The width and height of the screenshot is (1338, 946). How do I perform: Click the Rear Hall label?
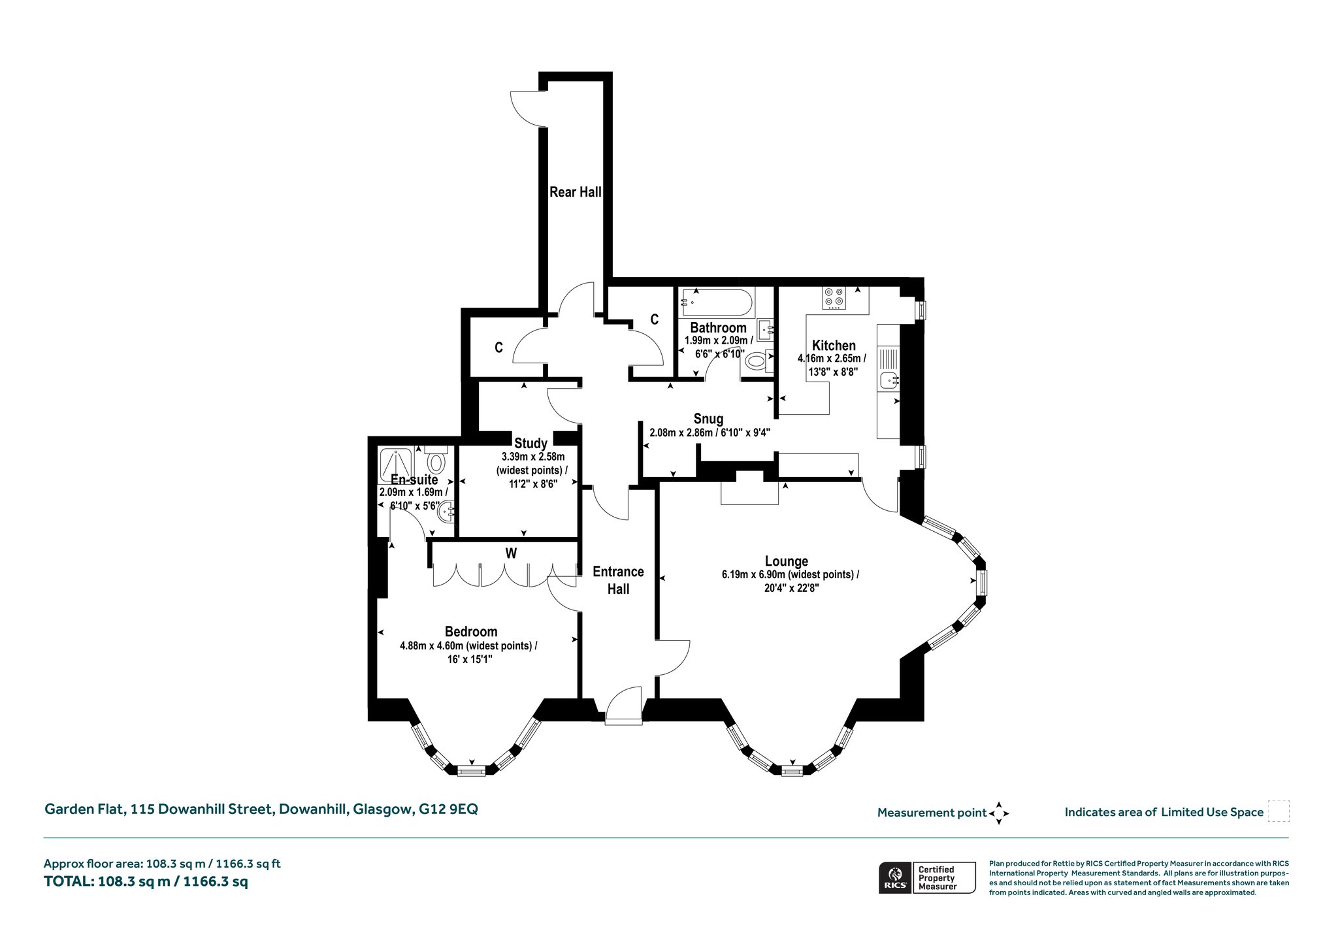(x=575, y=192)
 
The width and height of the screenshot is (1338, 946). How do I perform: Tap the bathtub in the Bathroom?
(x=717, y=302)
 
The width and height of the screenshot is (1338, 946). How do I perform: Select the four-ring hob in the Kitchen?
(x=834, y=297)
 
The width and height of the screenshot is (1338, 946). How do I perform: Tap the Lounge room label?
(x=787, y=561)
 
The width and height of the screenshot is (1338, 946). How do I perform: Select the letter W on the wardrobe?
(x=511, y=553)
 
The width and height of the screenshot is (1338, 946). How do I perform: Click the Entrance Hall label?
(x=618, y=580)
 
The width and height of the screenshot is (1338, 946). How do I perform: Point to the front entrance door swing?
(x=624, y=706)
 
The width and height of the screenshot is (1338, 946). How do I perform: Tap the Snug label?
(x=708, y=419)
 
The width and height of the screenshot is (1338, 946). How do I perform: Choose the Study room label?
(x=530, y=443)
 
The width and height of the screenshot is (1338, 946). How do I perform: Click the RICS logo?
(x=894, y=877)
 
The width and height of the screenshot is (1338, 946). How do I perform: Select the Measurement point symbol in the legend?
(x=999, y=813)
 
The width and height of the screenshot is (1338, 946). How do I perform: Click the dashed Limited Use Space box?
(x=1279, y=811)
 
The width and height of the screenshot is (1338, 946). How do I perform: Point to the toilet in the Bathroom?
(x=757, y=361)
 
